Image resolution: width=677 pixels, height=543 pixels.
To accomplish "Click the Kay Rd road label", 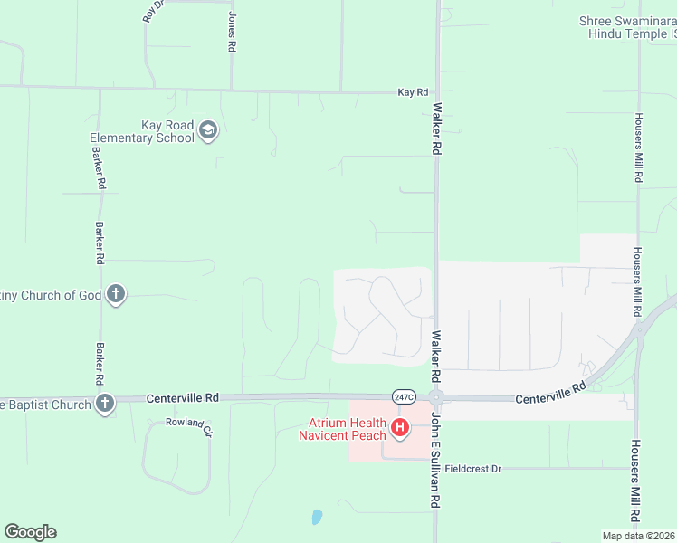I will click(413, 92).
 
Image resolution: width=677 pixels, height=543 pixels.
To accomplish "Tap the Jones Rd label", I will click(232, 33).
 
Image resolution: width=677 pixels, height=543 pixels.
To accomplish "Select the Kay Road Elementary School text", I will click(142, 132).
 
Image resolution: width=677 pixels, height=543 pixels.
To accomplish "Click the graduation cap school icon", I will click(209, 131).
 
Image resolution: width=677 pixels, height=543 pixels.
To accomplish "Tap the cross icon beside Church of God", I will click(115, 294).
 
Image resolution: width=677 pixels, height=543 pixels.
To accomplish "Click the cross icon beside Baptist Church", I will click(105, 404).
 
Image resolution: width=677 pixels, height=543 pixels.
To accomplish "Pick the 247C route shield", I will click(405, 396).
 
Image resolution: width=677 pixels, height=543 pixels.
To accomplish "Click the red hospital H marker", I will click(399, 427).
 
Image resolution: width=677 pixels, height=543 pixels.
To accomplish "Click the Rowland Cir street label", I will click(188, 424).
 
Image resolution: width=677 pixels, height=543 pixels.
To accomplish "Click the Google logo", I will click(30, 532).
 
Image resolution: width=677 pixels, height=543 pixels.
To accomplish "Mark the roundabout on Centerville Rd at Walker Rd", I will click(436, 397).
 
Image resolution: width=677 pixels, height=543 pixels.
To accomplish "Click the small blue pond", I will click(316, 518).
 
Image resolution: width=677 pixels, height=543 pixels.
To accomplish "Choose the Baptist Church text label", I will click(44, 405).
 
